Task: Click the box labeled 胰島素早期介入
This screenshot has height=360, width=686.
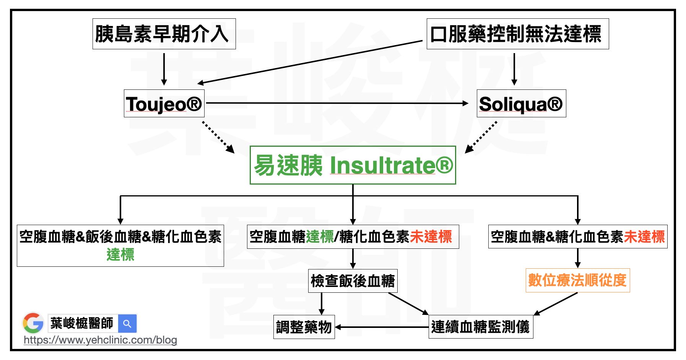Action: (164, 34)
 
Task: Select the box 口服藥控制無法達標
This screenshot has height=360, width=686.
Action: (517, 34)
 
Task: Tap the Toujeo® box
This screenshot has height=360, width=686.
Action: (164, 104)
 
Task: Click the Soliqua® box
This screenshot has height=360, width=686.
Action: (521, 104)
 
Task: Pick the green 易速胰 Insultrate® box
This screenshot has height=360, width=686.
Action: (353, 165)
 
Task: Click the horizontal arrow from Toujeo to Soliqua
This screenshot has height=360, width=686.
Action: (336, 103)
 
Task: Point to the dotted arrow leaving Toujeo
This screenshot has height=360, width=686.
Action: (218, 137)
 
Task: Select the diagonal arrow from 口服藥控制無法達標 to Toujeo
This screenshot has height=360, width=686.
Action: (310, 62)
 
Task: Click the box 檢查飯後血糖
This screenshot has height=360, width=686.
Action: (353, 281)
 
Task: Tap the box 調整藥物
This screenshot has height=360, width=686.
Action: (304, 327)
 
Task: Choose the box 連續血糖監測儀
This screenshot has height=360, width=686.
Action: (481, 327)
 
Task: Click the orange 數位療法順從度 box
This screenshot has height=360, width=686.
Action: (577, 281)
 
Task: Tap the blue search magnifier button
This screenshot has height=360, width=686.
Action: (127, 324)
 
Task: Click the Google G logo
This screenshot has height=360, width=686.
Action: (33, 323)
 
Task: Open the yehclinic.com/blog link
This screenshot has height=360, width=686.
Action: (100, 340)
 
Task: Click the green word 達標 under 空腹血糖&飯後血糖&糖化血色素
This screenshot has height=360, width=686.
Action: (120, 255)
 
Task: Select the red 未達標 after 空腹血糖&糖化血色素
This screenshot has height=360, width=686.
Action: (644, 237)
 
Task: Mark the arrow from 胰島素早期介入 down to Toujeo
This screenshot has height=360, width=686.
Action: (164, 69)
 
